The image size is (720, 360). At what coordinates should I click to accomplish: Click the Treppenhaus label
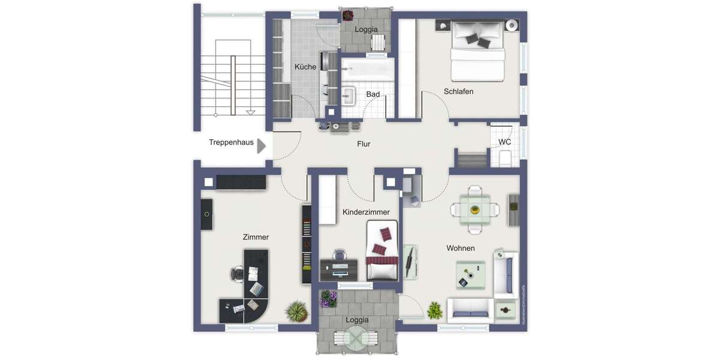231,143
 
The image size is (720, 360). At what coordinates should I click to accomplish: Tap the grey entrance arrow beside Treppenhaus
262,146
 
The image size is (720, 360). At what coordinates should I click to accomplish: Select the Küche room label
305,67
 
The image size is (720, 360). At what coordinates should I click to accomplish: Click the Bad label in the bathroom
373,94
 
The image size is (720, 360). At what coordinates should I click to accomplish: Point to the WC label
505,142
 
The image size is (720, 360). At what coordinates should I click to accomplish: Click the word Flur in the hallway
364,144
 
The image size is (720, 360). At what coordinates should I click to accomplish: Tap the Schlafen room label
458,92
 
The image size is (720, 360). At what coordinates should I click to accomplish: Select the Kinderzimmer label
366,212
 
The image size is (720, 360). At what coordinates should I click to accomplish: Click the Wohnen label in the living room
460,248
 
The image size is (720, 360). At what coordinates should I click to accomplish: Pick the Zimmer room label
256,237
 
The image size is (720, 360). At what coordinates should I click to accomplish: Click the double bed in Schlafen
478,50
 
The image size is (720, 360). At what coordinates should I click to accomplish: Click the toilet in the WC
505,158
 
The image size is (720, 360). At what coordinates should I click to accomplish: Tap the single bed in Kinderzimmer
382,250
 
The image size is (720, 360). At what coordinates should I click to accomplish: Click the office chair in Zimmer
237,274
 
